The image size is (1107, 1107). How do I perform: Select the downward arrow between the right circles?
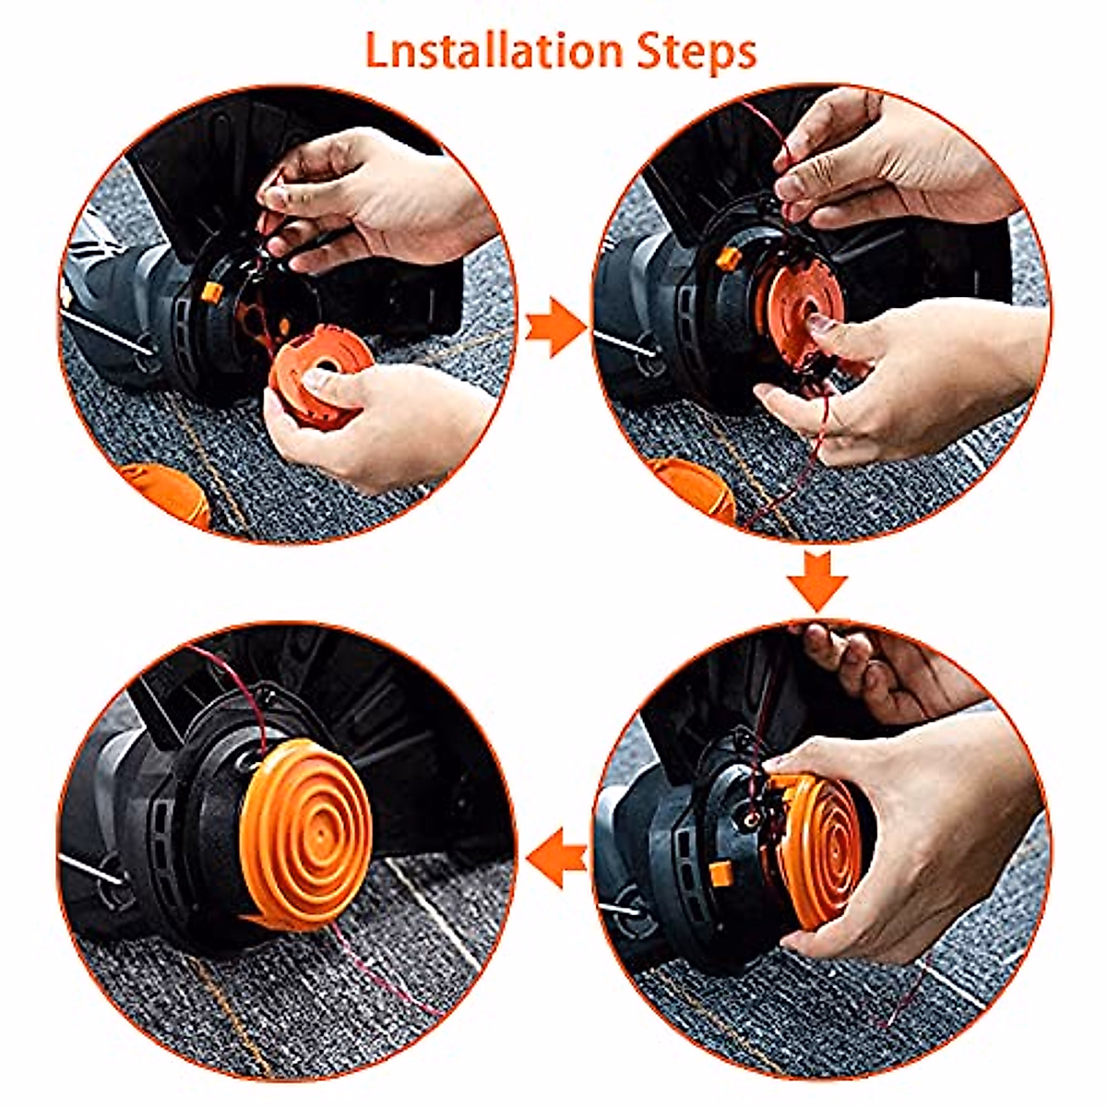pyautogui.click(x=817, y=580)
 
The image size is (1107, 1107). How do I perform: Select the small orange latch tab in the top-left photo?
pyautogui.click(x=210, y=294)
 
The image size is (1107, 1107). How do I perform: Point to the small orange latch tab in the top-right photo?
pyautogui.click(x=729, y=258)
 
